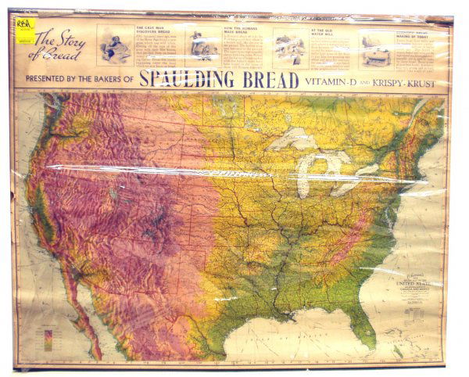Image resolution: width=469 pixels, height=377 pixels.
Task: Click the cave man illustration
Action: point(116,48)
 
